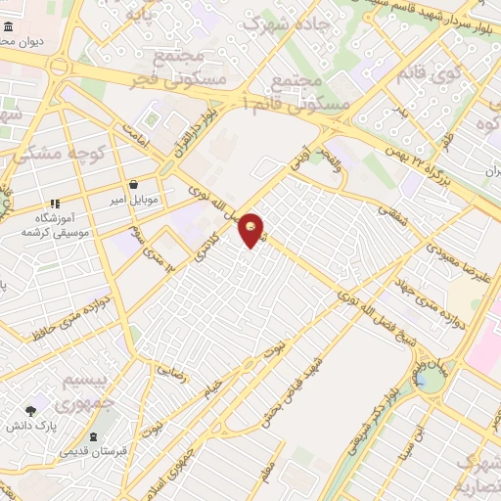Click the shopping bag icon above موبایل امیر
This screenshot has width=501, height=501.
click(x=133, y=184)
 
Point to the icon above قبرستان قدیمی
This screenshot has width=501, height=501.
click(x=92, y=436)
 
